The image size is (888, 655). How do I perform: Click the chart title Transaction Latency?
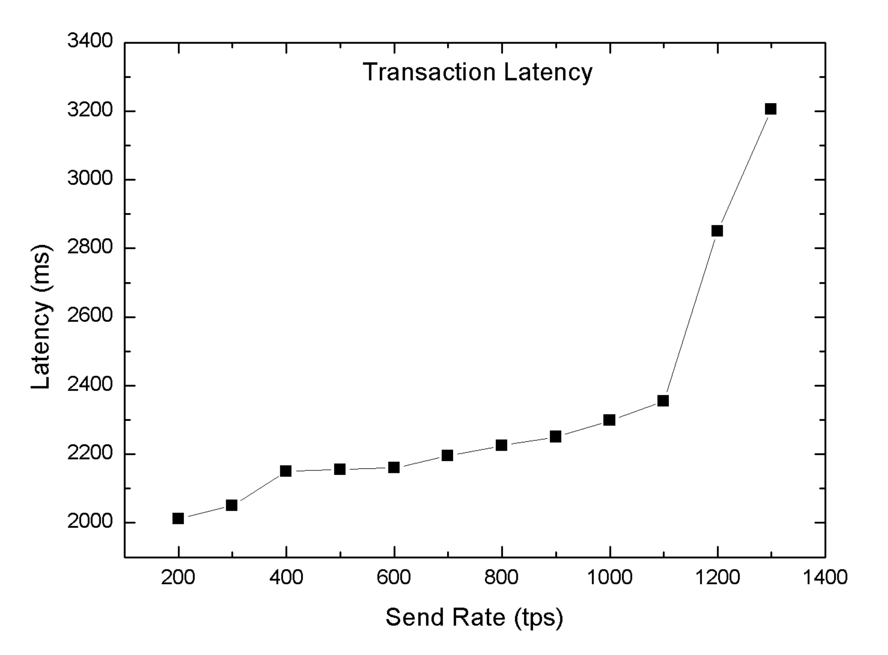point(477,72)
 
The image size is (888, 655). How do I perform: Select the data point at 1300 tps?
point(770,109)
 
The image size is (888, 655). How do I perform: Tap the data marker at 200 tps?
point(178,518)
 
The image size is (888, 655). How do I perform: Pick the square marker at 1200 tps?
point(717,231)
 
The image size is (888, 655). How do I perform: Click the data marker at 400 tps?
point(286,471)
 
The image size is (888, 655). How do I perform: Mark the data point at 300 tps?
point(232,505)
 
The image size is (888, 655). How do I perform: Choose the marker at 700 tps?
point(448,455)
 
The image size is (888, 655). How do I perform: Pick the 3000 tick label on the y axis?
point(91,179)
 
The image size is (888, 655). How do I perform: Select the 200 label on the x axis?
point(178,577)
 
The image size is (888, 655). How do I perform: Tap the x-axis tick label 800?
point(501,577)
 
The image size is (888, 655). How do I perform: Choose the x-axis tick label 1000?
point(610,577)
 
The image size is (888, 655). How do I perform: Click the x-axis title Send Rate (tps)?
point(474,617)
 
